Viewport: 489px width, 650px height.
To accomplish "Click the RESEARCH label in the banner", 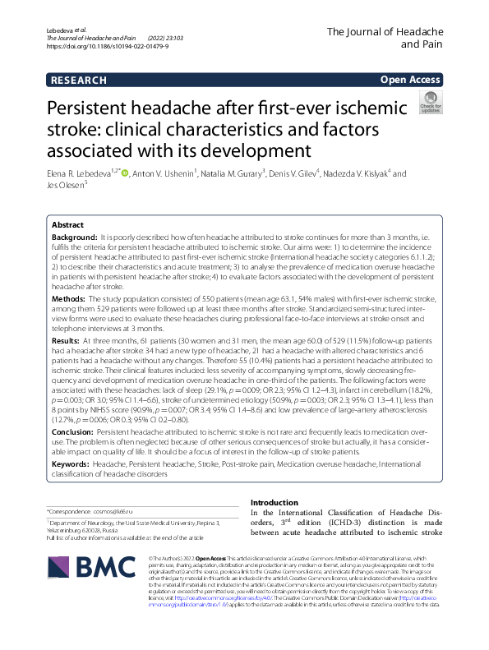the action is pos(79,80).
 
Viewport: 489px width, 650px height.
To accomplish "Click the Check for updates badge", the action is pos(430,103).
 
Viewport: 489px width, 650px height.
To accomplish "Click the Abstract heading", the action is pos(67,224).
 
